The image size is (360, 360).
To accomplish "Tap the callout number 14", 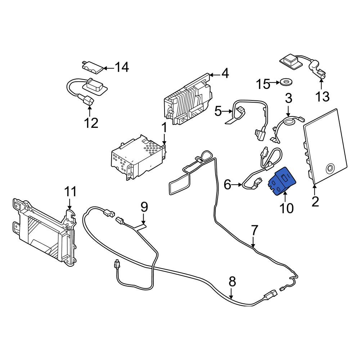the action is (122, 67).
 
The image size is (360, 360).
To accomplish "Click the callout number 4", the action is (225, 73).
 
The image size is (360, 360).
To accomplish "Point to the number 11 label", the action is (70, 192).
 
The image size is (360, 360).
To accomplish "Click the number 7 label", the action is (255, 230).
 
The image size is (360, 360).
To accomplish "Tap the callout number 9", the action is (144, 207).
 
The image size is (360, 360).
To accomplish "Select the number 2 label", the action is (315, 202).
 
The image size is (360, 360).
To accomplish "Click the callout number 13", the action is (323, 96).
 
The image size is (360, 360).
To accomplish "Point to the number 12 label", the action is (91, 123).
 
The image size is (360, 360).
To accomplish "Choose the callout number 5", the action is (218, 112).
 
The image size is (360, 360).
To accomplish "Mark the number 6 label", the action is (228, 185).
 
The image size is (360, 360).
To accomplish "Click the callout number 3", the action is (288, 98).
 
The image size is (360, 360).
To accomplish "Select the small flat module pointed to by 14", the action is (93, 67).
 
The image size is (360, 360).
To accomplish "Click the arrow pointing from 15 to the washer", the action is (275, 82).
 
